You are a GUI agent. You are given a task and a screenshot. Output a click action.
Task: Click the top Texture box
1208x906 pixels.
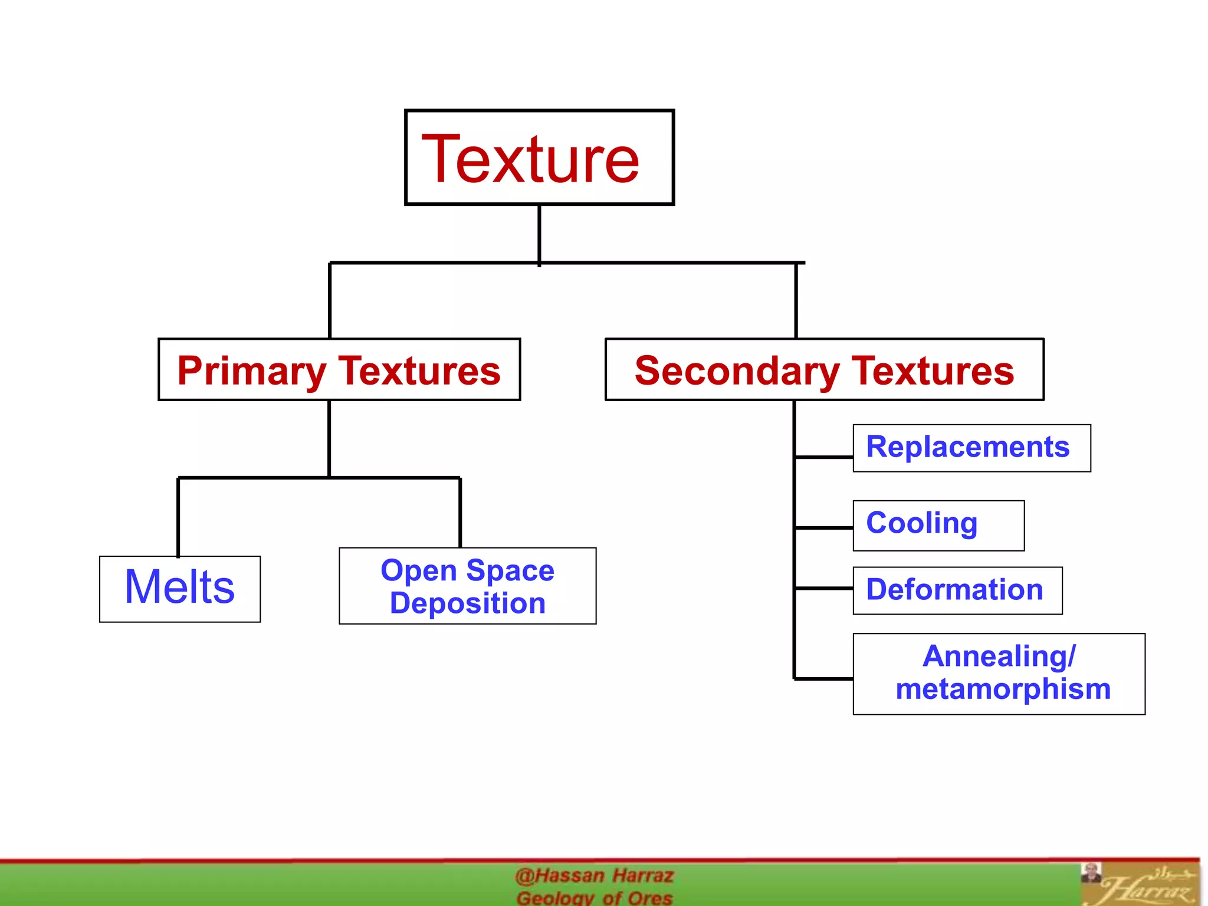539,157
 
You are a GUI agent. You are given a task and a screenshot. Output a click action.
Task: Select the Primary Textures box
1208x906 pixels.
339,370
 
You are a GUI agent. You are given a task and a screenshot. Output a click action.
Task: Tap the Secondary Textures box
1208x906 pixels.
824,370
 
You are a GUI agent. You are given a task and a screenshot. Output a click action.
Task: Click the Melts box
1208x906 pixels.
180,589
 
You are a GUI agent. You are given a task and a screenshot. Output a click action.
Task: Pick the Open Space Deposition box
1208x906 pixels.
467,586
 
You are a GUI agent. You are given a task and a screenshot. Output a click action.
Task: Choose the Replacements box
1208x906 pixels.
971,448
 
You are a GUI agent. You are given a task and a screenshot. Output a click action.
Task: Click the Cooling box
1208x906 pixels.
938,526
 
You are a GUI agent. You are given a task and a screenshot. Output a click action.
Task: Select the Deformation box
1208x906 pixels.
957,590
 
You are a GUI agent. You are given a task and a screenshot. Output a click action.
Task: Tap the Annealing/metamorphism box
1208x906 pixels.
999,674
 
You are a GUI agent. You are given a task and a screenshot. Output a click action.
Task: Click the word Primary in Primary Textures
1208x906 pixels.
251,372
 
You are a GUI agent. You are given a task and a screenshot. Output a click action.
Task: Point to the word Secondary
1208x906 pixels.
737,372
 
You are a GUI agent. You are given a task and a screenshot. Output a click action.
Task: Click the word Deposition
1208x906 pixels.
467,603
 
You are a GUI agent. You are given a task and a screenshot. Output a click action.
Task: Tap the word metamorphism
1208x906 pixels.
1003,689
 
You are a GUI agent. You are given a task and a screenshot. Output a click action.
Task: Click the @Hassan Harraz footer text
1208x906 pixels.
594,875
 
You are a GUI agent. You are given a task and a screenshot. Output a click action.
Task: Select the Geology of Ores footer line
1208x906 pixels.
594,898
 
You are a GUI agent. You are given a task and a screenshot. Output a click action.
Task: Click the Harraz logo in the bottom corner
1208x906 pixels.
1141,885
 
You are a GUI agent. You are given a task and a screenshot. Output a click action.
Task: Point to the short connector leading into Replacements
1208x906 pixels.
824,457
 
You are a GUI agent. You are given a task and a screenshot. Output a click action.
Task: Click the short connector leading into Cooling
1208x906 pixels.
824,528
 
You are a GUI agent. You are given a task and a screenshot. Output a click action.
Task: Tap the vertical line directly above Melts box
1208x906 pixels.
178,516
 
